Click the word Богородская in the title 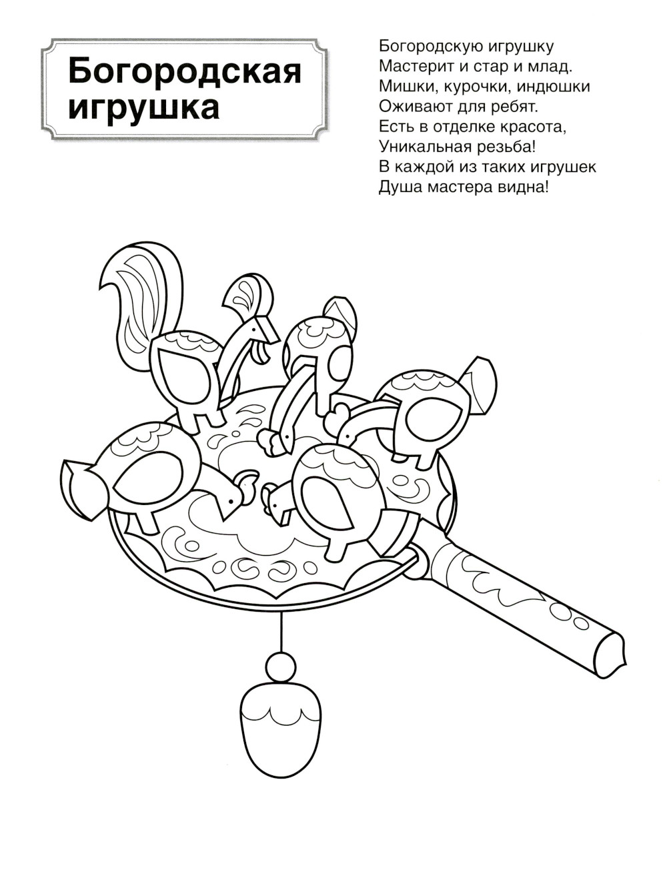(x=185, y=71)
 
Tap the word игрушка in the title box (x=143, y=108)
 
